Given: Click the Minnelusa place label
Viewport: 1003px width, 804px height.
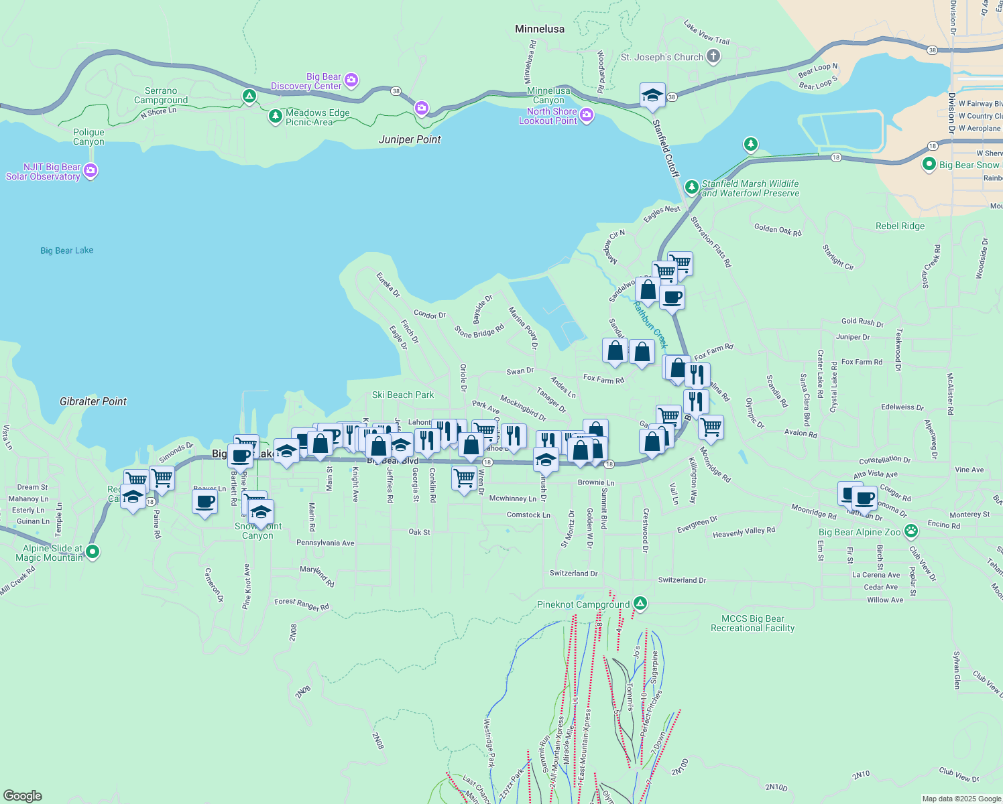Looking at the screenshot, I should coord(539,29).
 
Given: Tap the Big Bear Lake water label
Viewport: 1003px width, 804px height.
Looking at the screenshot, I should coord(66,251).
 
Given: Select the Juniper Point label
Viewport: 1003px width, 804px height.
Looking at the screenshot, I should coord(410,139).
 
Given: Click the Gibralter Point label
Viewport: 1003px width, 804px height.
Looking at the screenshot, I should coord(93,401).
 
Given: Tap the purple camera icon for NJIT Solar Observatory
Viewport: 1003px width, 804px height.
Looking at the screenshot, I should coord(91,172).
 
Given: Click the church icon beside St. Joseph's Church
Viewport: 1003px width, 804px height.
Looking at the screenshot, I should coord(713,57).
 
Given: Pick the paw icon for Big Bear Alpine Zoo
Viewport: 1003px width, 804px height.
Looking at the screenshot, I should coord(910,531).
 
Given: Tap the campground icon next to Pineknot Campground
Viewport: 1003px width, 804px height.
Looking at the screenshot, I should coord(640,604).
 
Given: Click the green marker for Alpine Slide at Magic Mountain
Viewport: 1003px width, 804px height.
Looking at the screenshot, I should coord(93,552).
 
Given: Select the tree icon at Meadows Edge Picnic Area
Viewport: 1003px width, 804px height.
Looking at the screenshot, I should coord(275,117).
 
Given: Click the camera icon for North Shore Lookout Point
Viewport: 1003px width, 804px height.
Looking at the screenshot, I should coord(587,115).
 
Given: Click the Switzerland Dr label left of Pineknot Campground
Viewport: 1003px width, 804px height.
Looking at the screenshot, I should coord(573,574).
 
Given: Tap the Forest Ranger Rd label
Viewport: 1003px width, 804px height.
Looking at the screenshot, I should coord(302,604).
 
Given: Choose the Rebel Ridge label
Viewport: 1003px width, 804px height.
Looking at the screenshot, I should coord(900,226).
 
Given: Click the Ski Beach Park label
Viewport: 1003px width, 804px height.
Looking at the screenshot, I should coord(403,395).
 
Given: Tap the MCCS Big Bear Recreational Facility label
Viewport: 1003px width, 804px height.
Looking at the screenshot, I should coord(752,623).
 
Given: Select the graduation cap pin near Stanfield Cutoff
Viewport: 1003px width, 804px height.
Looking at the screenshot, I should coord(652,96).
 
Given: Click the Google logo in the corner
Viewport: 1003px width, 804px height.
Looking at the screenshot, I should coord(23,795).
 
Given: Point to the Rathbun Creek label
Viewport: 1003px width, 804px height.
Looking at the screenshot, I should coord(650,325).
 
